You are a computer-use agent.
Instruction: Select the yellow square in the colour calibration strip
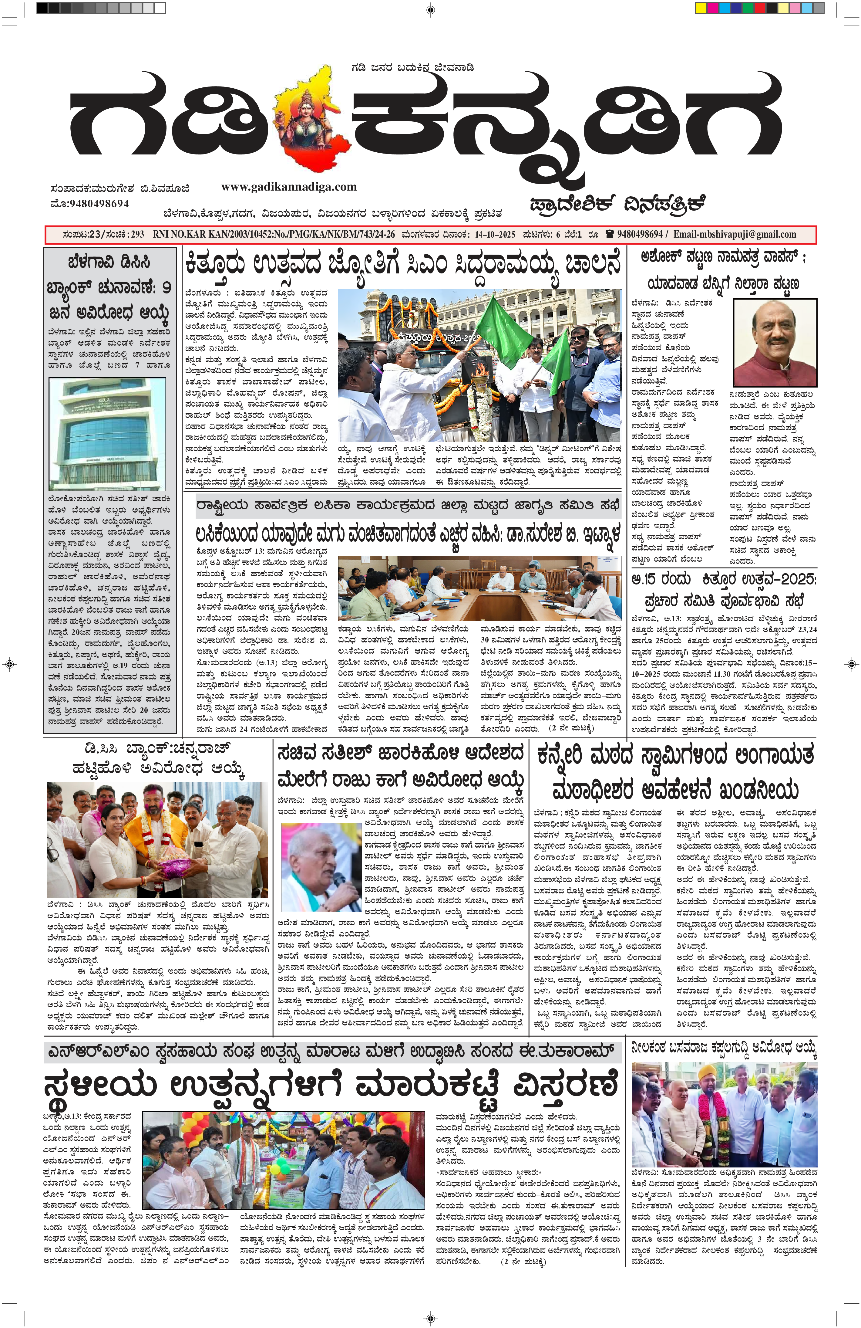point(701,8)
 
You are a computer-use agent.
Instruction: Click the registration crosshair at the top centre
point(431,9)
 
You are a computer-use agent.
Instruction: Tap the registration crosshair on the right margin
point(851,664)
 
